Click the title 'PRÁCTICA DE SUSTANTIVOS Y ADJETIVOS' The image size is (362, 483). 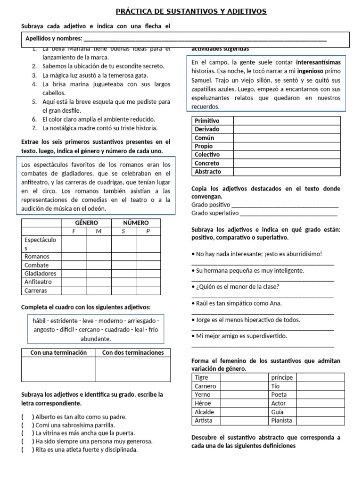coord(191,11)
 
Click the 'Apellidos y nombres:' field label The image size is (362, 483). coord(54,39)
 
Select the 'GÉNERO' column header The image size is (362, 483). coord(87,223)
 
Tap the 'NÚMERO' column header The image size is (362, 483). coord(136,223)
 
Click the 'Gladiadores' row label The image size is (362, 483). coord(40,274)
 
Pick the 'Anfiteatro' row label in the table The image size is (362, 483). coord(39,282)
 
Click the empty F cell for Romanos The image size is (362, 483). coord(74,257)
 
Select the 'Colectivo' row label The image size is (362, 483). coord(207,155)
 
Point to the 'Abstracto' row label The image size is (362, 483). coord(207,172)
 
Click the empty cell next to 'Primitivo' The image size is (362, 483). coord(287,121)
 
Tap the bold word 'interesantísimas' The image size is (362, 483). coord(318,62)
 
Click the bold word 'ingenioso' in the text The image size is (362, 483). coord(309,71)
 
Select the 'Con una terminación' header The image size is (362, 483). coord(58,352)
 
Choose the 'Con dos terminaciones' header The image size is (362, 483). coord(133,352)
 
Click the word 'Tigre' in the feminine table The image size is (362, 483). coord(201,377)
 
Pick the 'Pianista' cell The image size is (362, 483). coord(282,420)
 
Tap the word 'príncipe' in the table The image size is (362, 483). coord(282,377)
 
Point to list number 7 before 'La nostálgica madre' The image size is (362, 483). coord(34,128)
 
